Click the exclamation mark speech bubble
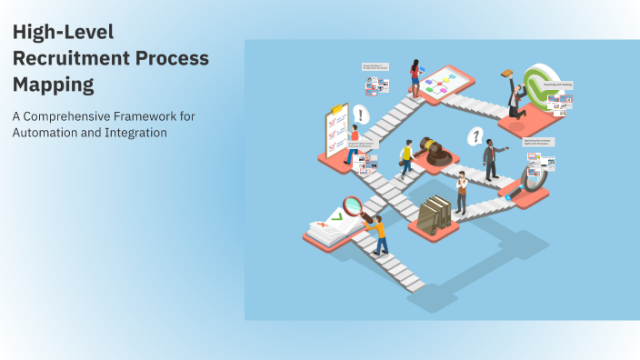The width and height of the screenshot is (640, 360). pos(362,115)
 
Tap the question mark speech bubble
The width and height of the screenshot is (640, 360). pos(474,137)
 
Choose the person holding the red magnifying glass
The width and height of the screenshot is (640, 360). pos(377,231)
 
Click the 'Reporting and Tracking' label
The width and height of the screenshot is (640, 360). pos(558,85)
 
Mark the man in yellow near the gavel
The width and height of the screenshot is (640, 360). pos(406,161)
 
